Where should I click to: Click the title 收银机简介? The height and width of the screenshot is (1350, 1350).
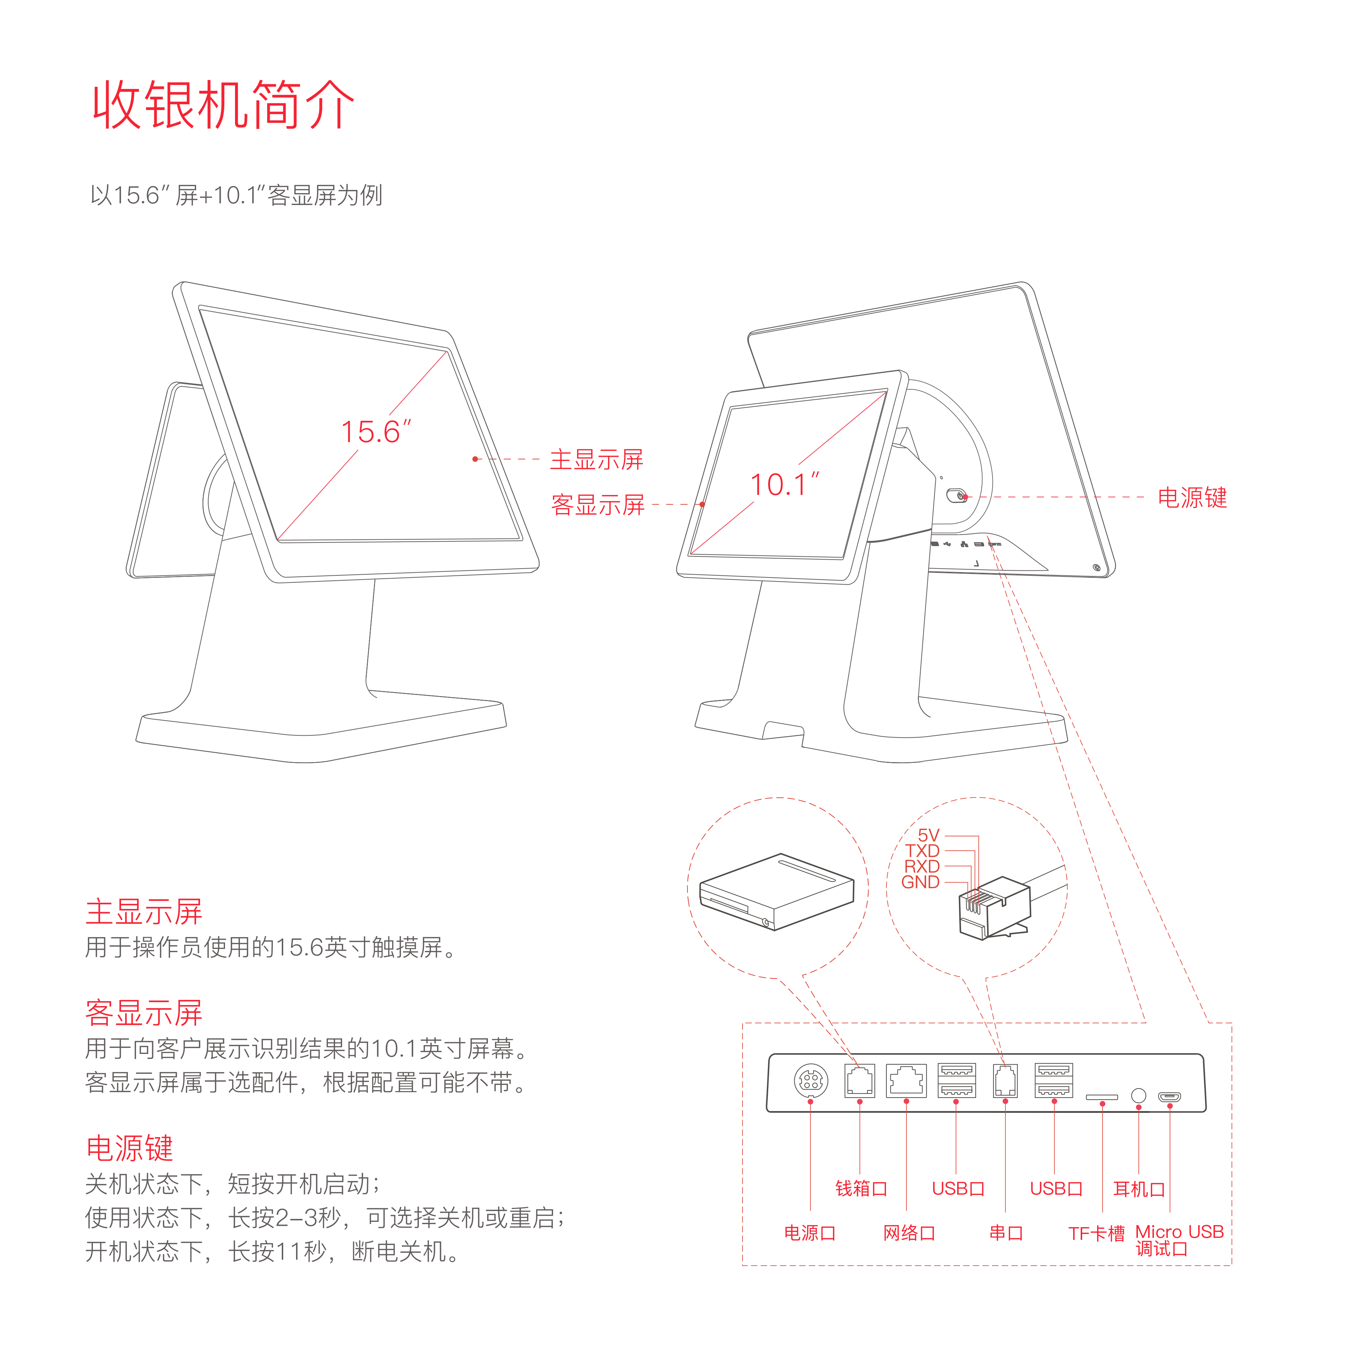(224, 105)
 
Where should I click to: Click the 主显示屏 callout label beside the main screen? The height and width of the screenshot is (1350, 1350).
(596, 460)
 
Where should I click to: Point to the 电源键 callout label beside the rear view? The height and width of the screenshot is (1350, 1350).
(1192, 497)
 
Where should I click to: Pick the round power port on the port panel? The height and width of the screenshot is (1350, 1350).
(811, 1081)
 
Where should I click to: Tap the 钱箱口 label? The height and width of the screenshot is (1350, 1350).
(861, 1189)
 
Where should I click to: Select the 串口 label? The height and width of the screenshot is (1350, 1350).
(1006, 1233)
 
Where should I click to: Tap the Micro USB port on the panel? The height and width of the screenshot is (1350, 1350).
(1170, 1097)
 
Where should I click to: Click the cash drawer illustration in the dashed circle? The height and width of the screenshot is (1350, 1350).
(777, 891)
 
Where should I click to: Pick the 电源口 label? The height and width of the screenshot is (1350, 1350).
(810, 1233)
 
